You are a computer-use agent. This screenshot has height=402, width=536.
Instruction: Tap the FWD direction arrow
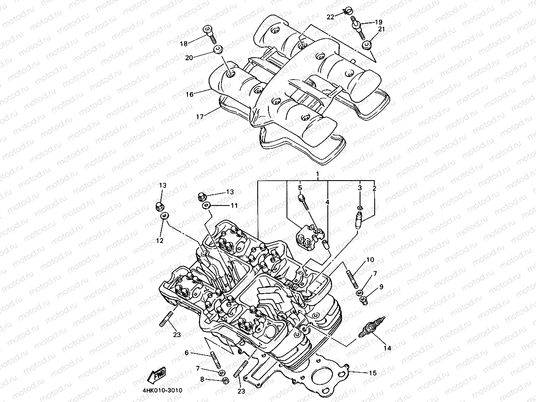(x=157, y=375)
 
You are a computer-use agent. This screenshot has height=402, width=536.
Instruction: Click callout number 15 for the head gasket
(x=373, y=373)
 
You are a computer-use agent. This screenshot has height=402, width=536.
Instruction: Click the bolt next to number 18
(x=209, y=33)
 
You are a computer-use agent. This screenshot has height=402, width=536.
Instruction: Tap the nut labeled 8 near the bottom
(x=225, y=381)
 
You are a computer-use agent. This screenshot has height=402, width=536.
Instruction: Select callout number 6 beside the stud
(x=187, y=353)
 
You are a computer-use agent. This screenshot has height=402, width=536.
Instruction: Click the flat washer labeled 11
(x=206, y=206)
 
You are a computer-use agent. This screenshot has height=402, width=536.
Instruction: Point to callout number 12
(x=160, y=241)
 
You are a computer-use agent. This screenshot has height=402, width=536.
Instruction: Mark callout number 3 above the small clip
(x=360, y=188)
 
